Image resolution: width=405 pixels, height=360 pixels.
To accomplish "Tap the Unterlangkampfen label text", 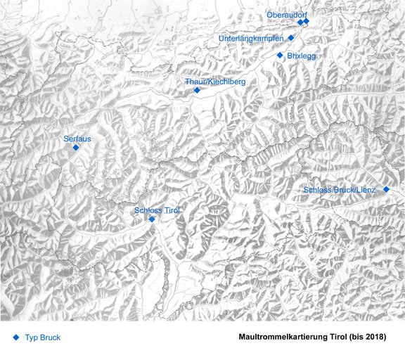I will click(251, 38).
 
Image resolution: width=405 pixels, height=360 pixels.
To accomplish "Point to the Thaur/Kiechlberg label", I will click(215, 82).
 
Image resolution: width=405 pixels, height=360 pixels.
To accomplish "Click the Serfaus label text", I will click(77, 139).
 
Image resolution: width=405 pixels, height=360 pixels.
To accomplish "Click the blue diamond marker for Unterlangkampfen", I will click(291, 38).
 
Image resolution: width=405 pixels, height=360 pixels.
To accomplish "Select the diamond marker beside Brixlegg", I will click(280, 55).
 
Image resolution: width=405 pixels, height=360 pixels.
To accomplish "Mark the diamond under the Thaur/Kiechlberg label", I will click(197, 90).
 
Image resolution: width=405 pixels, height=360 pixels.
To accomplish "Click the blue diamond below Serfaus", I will click(76, 148).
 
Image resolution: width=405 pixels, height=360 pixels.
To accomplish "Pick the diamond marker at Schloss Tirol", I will click(152, 219).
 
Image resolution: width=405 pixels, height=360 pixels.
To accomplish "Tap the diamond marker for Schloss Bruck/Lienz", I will click(386, 189).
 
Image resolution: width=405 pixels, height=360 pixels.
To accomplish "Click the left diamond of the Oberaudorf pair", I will click(300, 22).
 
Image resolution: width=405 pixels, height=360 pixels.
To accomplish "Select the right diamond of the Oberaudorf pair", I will click(307, 22).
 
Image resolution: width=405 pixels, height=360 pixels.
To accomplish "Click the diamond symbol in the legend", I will click(15, 337).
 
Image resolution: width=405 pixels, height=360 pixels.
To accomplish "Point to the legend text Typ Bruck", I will click(43, 337).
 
